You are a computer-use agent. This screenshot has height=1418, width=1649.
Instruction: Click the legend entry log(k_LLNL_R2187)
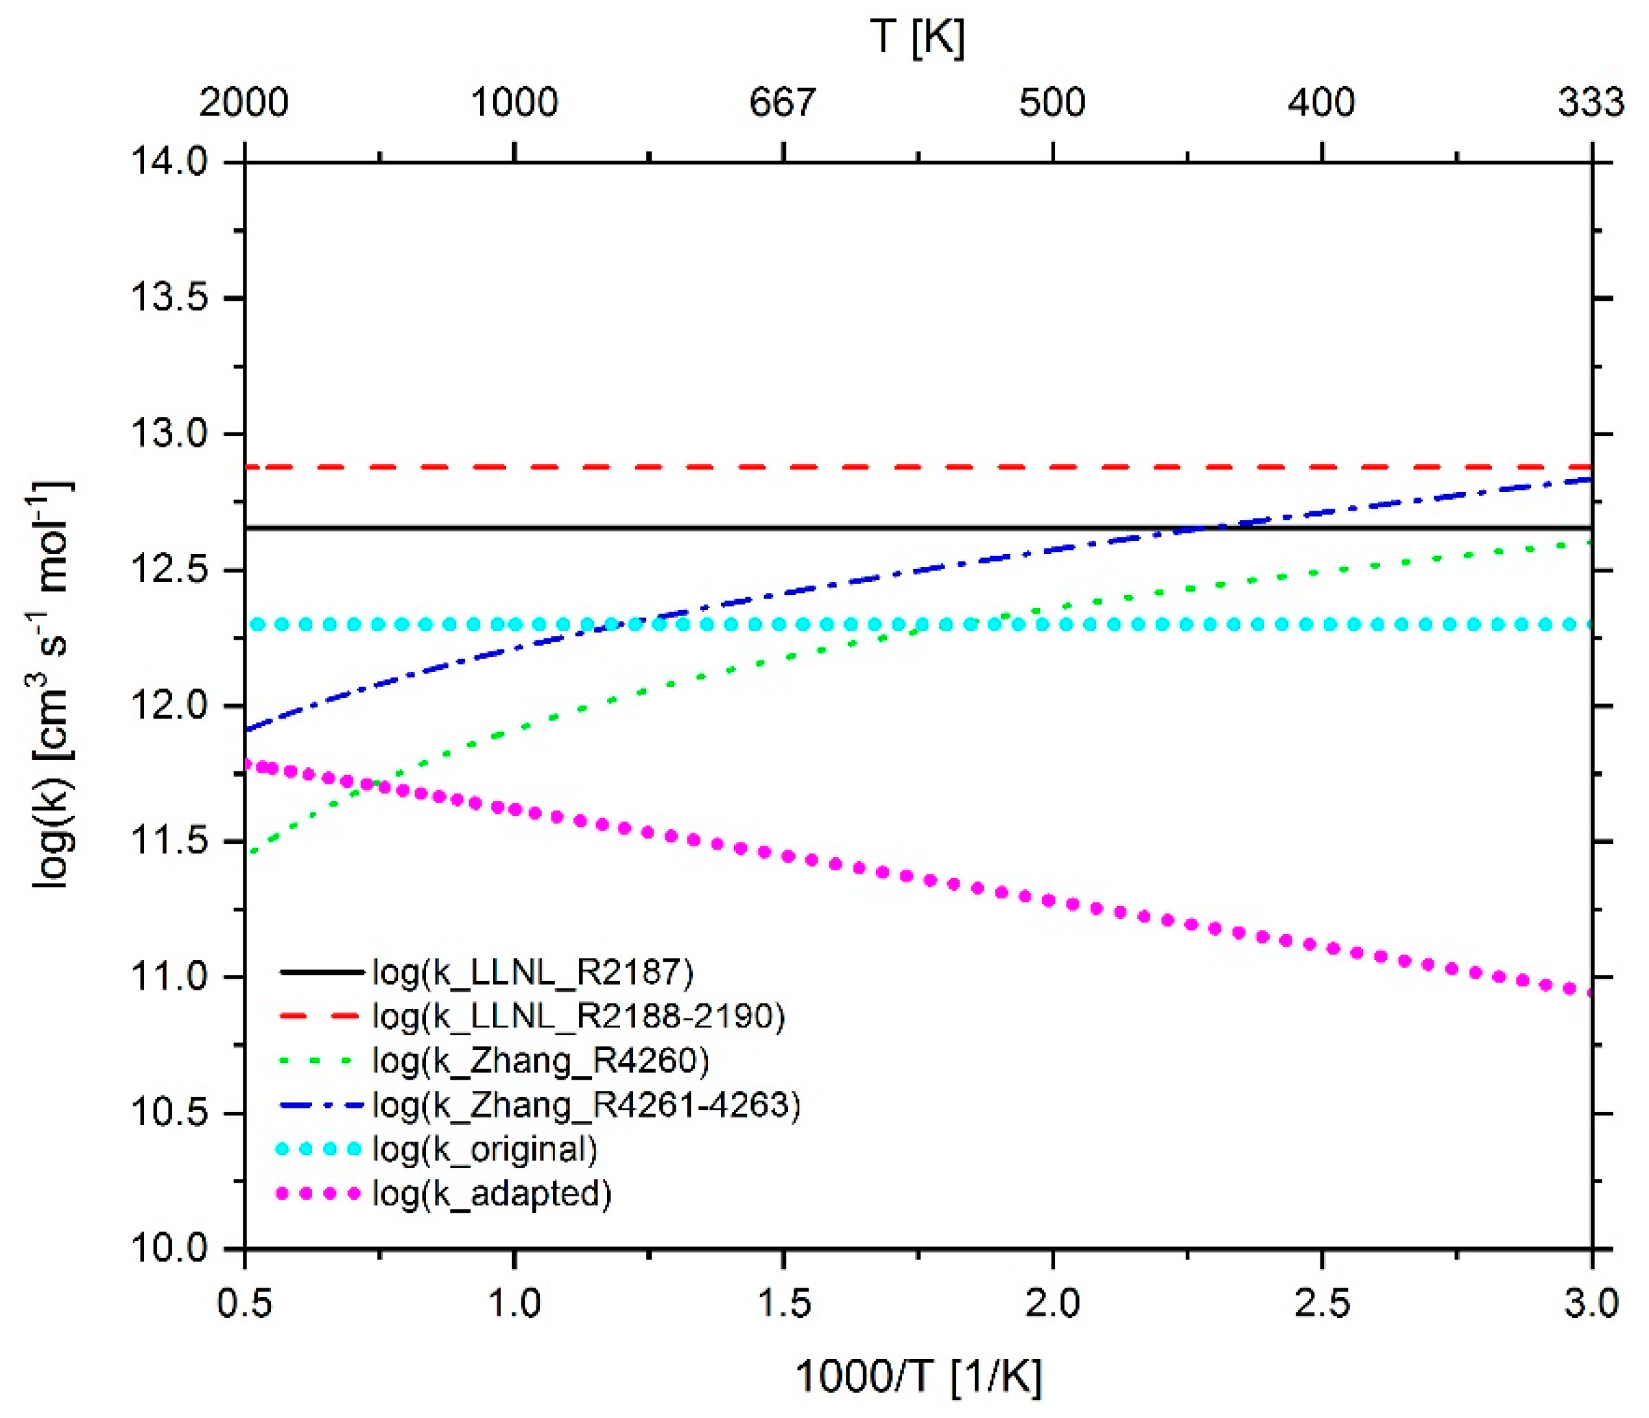coord(532,972)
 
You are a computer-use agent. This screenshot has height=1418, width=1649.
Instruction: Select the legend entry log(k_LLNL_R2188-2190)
coord(578,1016)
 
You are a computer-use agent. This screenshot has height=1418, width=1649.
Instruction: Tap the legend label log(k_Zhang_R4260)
coord(541,1060)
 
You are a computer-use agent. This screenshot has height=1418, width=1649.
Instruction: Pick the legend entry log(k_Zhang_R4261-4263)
coord(586,1105)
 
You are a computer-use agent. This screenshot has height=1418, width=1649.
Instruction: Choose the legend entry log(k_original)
coord(485,1149)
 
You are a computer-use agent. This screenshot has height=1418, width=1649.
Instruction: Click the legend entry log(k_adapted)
coord(492,1194)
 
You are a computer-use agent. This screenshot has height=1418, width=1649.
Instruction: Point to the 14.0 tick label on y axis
coord(169,163)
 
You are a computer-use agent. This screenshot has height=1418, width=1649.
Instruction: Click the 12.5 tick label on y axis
coord(169,571)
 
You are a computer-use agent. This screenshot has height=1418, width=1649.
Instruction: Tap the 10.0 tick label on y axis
coord(169,1249)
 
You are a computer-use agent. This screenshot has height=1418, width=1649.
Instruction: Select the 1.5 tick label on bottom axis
coord(784,1304)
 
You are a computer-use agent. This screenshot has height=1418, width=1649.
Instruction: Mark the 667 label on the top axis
coord(783,103)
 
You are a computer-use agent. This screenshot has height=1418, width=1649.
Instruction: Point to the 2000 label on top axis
coord(244,103)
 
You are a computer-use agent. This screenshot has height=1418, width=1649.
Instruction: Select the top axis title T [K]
coord(917,36)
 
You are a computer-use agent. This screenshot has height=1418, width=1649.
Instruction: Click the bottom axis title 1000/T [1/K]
coord(918,1376)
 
